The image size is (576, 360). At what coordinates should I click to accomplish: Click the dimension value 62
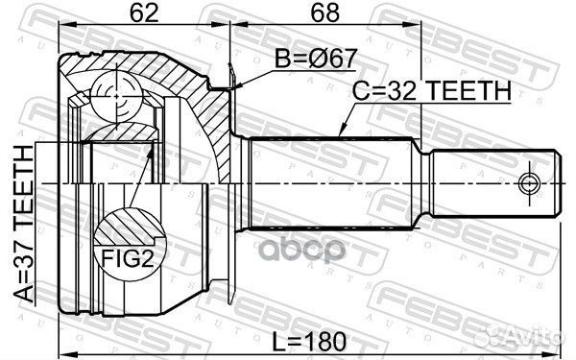click(x=143, y=15)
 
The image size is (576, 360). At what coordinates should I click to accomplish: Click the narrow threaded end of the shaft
click(x=490, y=181)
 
